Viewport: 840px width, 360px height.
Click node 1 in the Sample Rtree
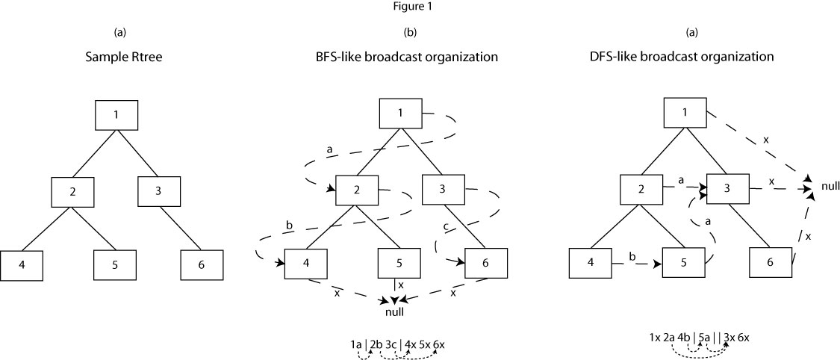pos(116,115)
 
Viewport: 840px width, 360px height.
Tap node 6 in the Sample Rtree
pos(202,265)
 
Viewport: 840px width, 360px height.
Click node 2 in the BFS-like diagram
pos(358,190)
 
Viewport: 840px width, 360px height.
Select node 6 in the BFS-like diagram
pos(486,264)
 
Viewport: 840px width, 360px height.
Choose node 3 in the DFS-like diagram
pos(729,189)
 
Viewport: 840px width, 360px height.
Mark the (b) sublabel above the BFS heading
pos(410,32)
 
